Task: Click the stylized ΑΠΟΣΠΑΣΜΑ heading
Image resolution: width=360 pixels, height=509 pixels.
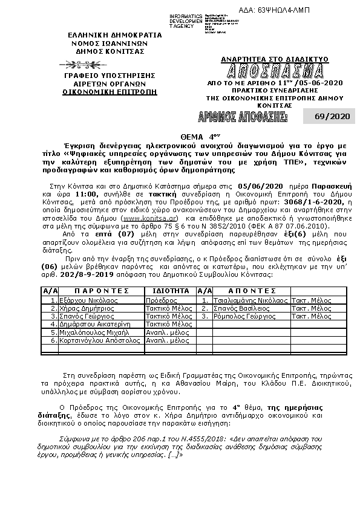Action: pyautogui.click(x=275, y=70)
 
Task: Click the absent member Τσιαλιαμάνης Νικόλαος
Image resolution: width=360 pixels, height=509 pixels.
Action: pyautogui.click(x=250, y=300)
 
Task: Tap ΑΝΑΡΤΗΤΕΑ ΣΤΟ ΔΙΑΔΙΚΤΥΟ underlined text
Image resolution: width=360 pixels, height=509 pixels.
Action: pyautogui.click(x=275, y=59)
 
